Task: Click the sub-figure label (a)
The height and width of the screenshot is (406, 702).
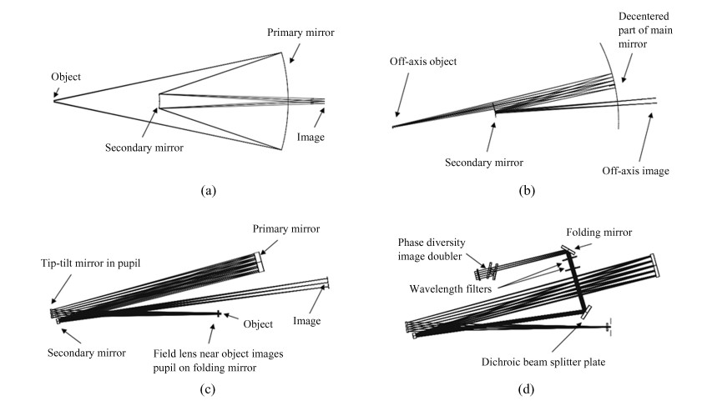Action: [208, 191]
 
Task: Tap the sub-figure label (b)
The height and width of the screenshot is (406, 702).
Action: [527, 191]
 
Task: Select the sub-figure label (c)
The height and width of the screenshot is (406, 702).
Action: [207, 389]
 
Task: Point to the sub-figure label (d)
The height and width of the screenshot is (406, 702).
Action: [526, 389]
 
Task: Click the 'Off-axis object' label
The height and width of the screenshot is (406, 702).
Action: [423, 62]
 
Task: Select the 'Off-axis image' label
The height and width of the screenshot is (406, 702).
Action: [635, 171]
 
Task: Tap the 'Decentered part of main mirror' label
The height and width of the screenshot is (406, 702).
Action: [645, 30]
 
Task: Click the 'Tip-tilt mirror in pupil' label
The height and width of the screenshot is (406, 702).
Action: [90, 263]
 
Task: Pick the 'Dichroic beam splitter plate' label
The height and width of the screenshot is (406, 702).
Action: [543, 362]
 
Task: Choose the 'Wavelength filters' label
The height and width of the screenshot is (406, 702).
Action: [451, 288]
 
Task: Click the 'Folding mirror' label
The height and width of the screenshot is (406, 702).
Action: [599, 233]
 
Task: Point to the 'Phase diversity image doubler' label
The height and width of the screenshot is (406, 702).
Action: [432, 249]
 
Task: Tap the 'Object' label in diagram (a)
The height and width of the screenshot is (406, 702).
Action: [66, 77]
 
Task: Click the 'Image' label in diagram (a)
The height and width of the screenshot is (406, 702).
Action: [311, 138]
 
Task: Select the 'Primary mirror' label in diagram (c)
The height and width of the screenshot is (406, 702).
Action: [286, 229]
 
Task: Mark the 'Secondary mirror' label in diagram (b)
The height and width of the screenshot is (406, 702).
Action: [484, 163]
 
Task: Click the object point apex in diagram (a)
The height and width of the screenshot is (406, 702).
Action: [54, 101]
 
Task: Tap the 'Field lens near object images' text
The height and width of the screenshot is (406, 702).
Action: [218, 353]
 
